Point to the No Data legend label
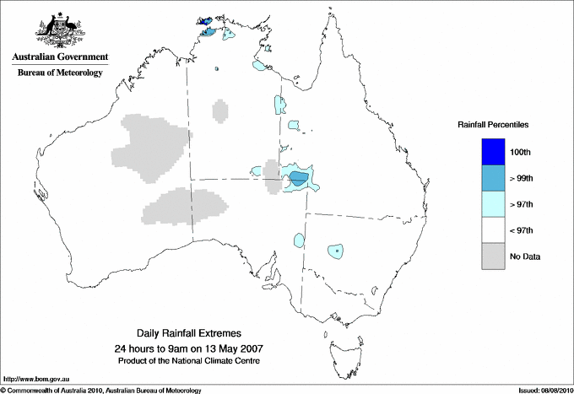tap(525, 256)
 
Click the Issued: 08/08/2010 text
tap(544, 390)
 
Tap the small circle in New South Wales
tap(337, 251)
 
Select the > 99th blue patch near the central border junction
tap(299, 178)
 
